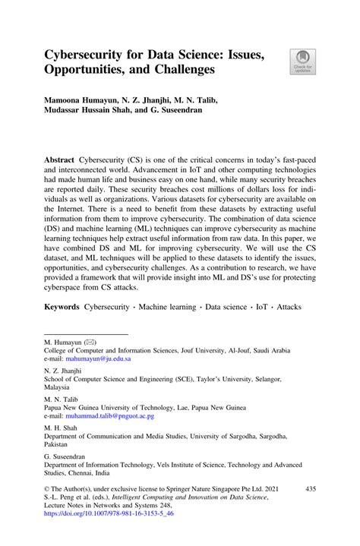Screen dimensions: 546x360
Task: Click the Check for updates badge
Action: coord(303,62)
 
